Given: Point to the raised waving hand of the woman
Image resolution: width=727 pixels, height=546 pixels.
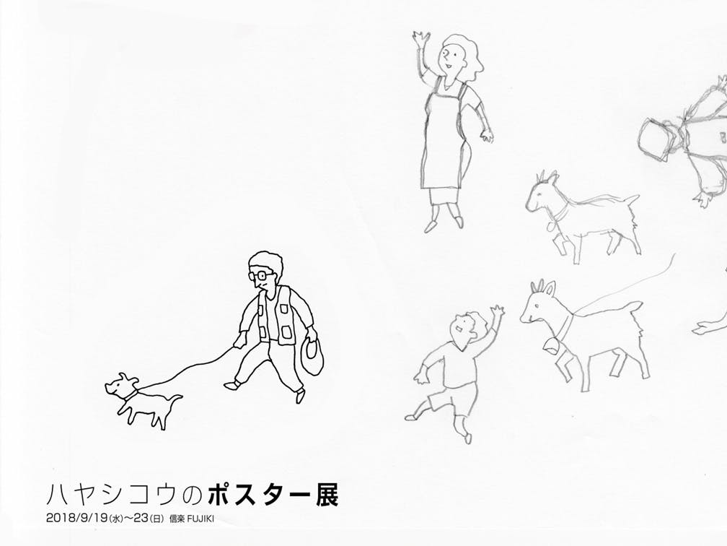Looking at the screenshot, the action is pyautogui.click(x=421, y=39).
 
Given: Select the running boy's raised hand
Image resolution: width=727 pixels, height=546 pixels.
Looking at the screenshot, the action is pyautogui.click(x=497, y=313).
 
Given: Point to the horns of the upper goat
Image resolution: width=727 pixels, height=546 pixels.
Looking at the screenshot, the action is pyautogui.click(x=546, y=176).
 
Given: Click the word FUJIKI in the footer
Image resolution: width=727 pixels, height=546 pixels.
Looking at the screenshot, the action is pyautogui.click(x=201, y=519).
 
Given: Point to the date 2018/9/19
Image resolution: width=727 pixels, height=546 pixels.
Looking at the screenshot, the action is pyautogui.click(x=77, y=518).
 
